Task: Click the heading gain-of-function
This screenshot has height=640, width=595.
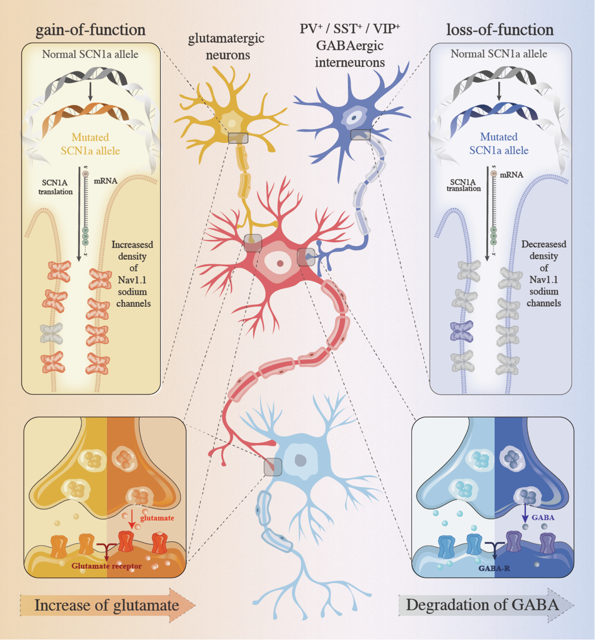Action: [91, 30]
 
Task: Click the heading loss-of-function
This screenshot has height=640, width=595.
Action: [500, 30]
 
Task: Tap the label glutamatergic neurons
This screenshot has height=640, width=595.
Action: [227, 46]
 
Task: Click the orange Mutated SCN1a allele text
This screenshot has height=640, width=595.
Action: [90, 144]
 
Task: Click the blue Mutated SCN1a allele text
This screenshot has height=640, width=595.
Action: [499, 143]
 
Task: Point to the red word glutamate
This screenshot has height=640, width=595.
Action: [157, 518]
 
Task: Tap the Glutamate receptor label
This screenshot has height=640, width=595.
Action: [107, 566]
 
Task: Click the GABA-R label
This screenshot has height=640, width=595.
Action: [494, 569]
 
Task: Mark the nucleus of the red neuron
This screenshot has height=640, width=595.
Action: [280, 263]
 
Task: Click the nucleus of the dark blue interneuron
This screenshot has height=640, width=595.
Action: [354, 118]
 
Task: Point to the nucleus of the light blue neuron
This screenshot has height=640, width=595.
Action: [301, 461]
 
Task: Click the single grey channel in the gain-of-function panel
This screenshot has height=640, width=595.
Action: [52, 334]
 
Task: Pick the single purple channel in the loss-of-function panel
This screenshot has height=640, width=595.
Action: [462, 331]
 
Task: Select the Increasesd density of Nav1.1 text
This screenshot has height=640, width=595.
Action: [132, 274]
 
